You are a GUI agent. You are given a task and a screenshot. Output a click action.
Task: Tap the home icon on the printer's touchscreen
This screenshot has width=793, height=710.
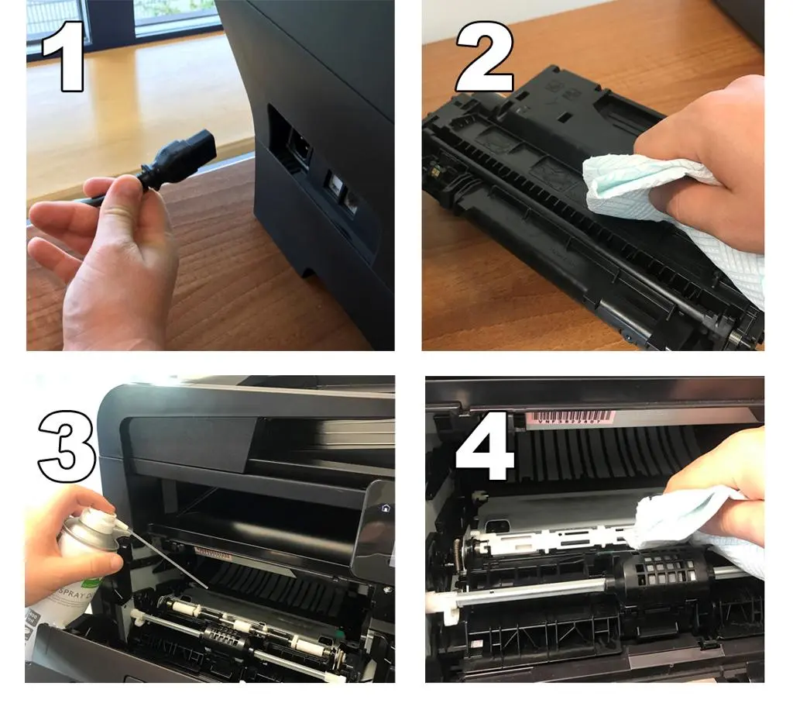pos(384,508)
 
